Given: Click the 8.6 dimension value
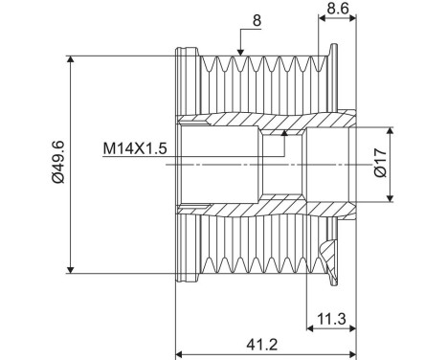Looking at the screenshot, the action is coord(338,8).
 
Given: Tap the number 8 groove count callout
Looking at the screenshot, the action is coord(257,20).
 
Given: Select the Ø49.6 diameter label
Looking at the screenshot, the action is coord(58,162).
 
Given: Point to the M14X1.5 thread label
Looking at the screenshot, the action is coord(135,148).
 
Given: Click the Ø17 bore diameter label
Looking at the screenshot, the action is coord(381,163).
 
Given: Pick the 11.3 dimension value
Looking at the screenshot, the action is coord(331,318).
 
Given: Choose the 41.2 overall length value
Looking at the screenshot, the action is coord(262,345).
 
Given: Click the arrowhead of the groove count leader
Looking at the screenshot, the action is coord(240,53).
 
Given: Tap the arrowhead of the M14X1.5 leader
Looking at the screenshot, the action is coord(284,133).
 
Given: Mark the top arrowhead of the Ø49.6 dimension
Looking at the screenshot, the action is coord(71,59).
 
